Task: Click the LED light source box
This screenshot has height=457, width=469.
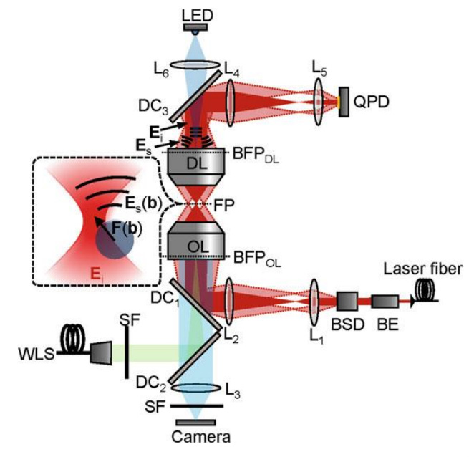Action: [x=195, y=27]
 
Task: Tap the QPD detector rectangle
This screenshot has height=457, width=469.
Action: [x=344, y=102]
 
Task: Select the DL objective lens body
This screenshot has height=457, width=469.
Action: [x=196, y=166]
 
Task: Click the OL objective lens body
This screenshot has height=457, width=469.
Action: [x=196, y=241]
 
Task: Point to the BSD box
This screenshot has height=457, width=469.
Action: [x=347, y=302]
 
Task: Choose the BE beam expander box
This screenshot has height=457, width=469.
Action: [x=385, y=302]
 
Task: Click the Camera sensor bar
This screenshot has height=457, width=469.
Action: [x=195, y=423]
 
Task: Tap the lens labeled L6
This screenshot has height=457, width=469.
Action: [x=195, y=64]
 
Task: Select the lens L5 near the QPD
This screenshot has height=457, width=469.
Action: [x=318, y=102]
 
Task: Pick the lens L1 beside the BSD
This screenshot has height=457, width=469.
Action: [x=314, y=302]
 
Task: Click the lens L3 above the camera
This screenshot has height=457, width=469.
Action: [x=196, y=388]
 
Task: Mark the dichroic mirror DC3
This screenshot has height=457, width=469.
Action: [x=195, y=96]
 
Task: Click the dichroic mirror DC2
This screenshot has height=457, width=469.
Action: [x=195, y=358]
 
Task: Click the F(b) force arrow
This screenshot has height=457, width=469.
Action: [x=105, y=228]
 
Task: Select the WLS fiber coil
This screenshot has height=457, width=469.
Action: [x=73, y=339]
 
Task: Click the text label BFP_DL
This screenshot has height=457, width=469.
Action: [x=256, y=155]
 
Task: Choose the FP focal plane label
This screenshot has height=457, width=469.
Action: [x=224, y=206]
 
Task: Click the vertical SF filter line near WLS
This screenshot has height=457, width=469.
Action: [x=127, y=352]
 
